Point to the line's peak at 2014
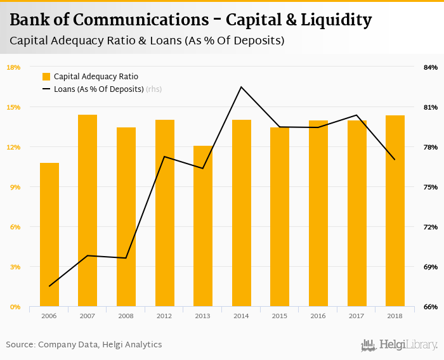242,87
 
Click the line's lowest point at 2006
49,286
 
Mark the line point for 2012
164,157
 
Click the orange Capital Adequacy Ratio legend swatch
46,77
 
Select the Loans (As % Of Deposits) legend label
99,89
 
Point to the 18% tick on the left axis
13,67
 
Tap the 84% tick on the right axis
430,67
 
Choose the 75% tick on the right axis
430,187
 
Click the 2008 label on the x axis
126,315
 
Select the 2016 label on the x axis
318,315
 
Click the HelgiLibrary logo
399,345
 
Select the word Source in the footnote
20,345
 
